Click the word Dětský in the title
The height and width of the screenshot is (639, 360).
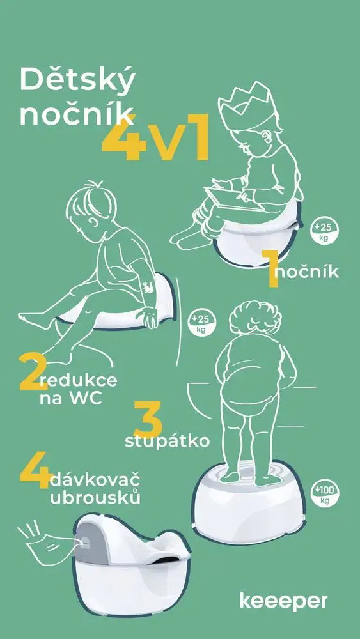pos(77,80)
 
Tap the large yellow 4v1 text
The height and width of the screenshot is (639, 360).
pos(156,138)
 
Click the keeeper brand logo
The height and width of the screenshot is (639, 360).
pos(284,601)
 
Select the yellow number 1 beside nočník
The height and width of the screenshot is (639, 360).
pos(270,269)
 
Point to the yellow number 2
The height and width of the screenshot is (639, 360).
pos(32,371)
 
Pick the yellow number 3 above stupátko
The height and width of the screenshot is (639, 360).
pos(148,419)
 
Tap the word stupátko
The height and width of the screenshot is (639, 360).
pos(167,442)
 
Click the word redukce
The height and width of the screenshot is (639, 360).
pos(79,380)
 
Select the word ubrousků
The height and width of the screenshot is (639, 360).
pos(95,498)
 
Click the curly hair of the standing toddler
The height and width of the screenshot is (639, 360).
pos(254,318)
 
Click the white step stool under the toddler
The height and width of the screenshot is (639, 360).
pos(249,502)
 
